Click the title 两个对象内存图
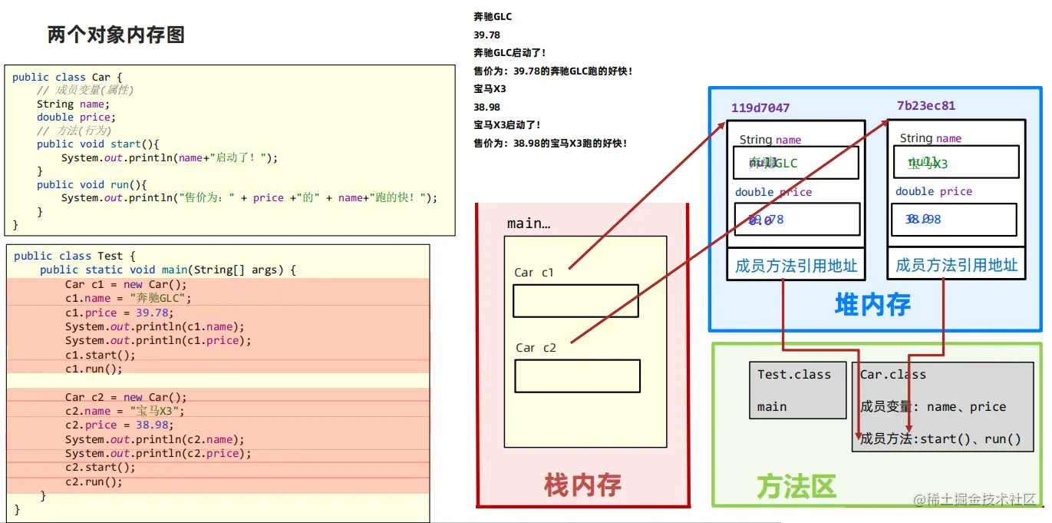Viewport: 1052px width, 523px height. pyautogui.click(x=116, y=35)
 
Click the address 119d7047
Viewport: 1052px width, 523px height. pyautogui.click(x=760, y=108)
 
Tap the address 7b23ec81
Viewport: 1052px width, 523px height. pyautogui.click(x=925, y=106)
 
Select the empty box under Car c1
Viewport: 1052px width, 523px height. pyautogui.click(x=575, y=300)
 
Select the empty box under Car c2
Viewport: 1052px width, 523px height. pyautogui.click(x=577, y=376)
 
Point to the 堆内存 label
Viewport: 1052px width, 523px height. pyautogui.click(x=872, y=305)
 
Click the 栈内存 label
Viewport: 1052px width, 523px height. pyautogui.click(x=582, y=485)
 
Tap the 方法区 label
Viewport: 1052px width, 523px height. pyautogui.click(x=796, y=486)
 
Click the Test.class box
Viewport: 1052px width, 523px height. pyautogui.click(x=797, y=390)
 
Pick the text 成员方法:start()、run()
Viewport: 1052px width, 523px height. pyautogui.click(x=941, y=439)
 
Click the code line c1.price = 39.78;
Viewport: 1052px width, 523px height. pyautogui.click(x=119, y=313)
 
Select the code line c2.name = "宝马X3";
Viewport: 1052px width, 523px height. pyautogui.click(x=125, y=411)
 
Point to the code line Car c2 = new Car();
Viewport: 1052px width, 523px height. pyautogui.click(x=126, y=397)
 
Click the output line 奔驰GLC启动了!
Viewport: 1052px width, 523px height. pyautogui.click(x=510, y=53)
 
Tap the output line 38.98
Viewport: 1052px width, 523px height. pyautogui.click(x=487, y=107)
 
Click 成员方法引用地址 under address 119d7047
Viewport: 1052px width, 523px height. pyautogui.click(x=796, y=266)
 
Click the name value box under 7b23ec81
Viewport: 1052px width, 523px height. pyautogui.click(x=955, y=162)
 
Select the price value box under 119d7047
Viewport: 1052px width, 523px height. pyautogui.click(x=796, y=220)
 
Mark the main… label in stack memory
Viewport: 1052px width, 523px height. pyautogui.click(x=528, y=223)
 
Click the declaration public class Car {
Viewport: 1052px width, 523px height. pyautogui.click(x=67, y=77)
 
